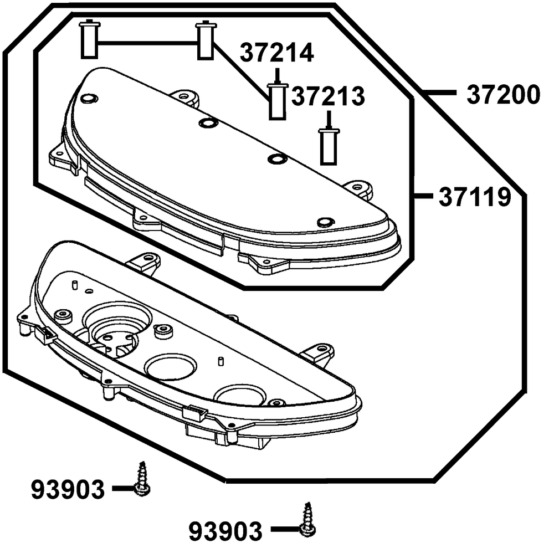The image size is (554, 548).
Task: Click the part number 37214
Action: [276, 53]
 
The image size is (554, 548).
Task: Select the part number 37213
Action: [328, 96]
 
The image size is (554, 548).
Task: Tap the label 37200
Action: [504, 95]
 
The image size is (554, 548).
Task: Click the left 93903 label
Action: [68, 489]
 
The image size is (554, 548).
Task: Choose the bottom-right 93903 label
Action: [225, 531]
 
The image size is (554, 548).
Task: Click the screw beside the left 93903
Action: [142, 479]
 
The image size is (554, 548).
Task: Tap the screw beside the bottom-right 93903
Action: [307, 520]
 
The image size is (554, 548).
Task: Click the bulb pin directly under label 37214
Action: [278, 102]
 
